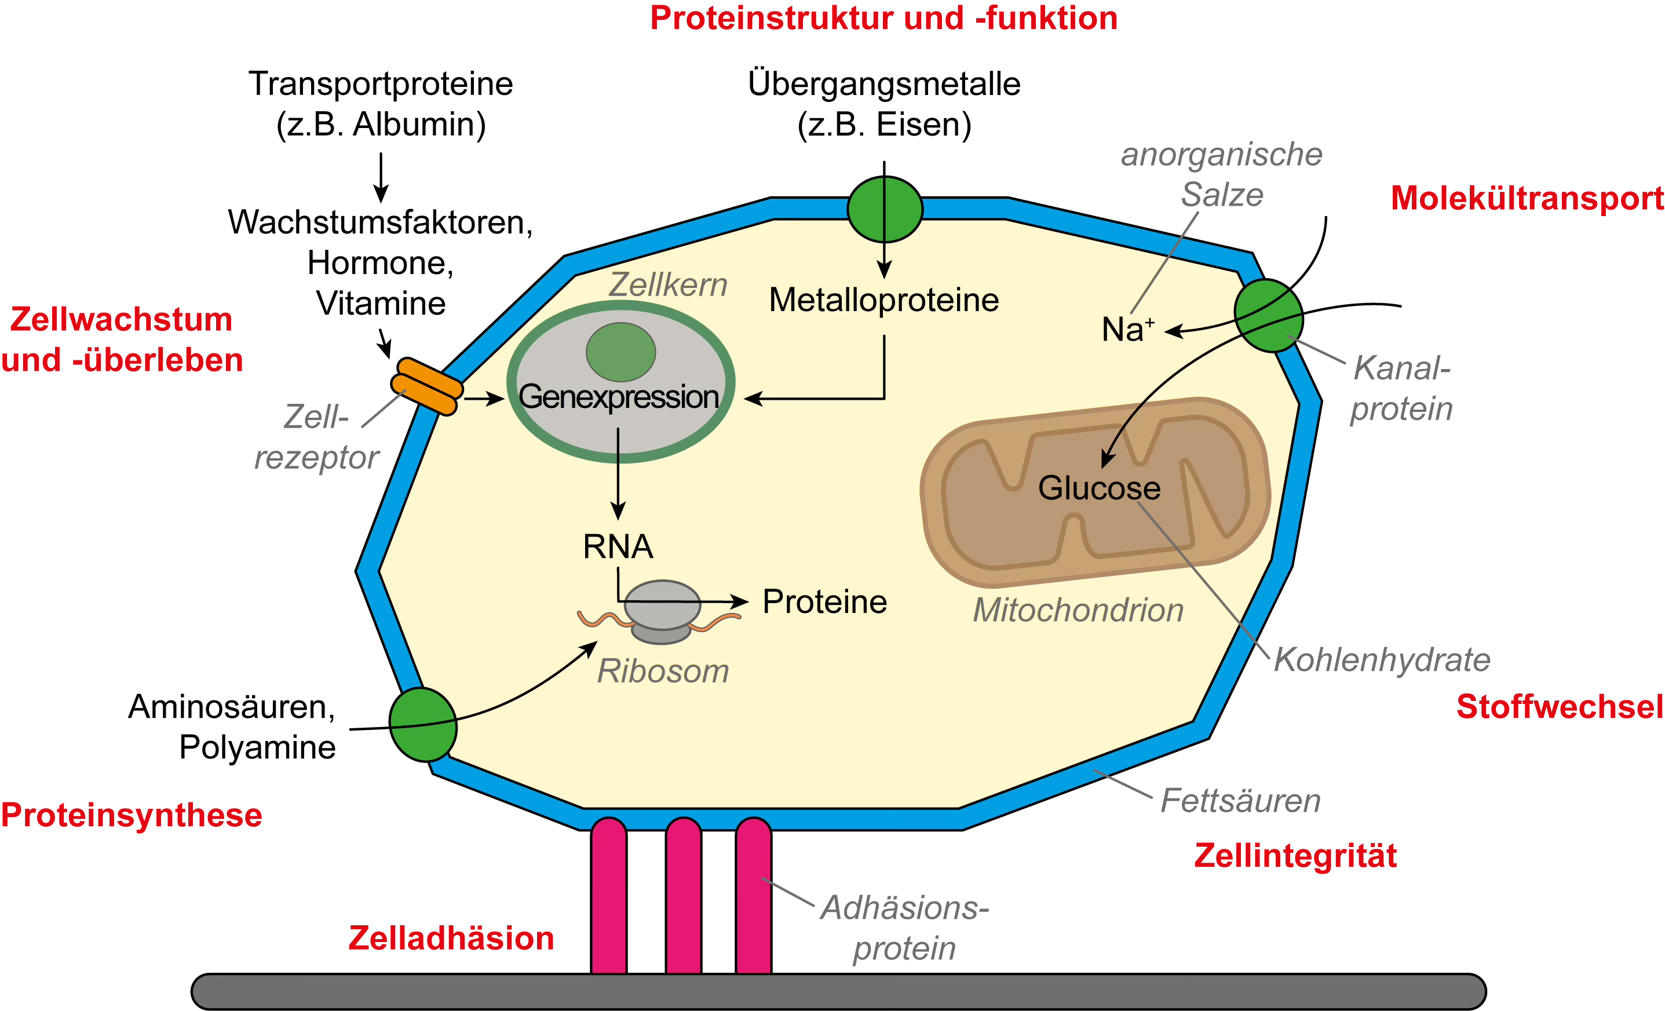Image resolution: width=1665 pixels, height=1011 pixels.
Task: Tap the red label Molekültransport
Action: point(1527,199)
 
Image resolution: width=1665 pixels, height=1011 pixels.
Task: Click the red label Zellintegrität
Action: point(1295,856)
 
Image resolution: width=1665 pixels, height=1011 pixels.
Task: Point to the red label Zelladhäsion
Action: point(451,939)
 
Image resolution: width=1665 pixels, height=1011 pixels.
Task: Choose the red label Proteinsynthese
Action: point(131,816)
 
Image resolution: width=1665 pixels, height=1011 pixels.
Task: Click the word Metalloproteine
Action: point(883,301)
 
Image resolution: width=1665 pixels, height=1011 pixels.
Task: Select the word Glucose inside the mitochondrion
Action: point(1099,488)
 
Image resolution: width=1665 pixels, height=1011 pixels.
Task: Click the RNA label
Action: point(618,547)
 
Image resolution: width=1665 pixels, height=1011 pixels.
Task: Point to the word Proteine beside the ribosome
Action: point(824,602)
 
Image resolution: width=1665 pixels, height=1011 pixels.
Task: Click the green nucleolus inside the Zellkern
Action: point(620,352)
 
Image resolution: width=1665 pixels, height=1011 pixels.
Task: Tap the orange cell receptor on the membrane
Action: point(427,387)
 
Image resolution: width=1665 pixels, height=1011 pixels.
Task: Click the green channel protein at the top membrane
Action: point(885,210)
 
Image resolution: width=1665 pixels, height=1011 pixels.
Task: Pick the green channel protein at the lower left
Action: point(423,724)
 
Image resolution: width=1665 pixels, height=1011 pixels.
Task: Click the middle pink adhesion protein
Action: point(683,896)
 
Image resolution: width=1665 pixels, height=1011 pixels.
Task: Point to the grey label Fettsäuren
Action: point(1240,801)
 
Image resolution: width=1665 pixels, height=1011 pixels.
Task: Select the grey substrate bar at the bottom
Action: point(838,991)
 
